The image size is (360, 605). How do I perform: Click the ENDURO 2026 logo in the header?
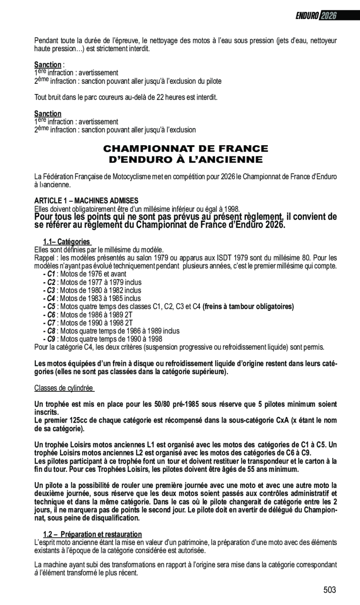click(316, 15)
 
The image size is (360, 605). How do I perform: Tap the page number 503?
click(329, 590)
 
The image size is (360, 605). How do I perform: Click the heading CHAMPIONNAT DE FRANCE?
click(185, 149)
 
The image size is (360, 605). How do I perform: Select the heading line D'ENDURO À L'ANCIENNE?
click(185, 160)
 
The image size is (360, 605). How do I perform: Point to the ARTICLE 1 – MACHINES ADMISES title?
click(86, 200)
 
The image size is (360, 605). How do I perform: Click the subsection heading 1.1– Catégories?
click(67, 242)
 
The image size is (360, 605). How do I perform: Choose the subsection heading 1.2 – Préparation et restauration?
click(92, 534)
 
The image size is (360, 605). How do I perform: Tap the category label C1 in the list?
click(51, 274)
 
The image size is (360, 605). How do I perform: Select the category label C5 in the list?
click(51, 307)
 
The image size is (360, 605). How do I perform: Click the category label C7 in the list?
click(51, 323)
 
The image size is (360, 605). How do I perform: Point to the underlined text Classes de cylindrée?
click(64, 388)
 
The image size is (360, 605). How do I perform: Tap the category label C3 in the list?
click(51, 290)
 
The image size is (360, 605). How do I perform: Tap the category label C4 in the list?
click(51, 298)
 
